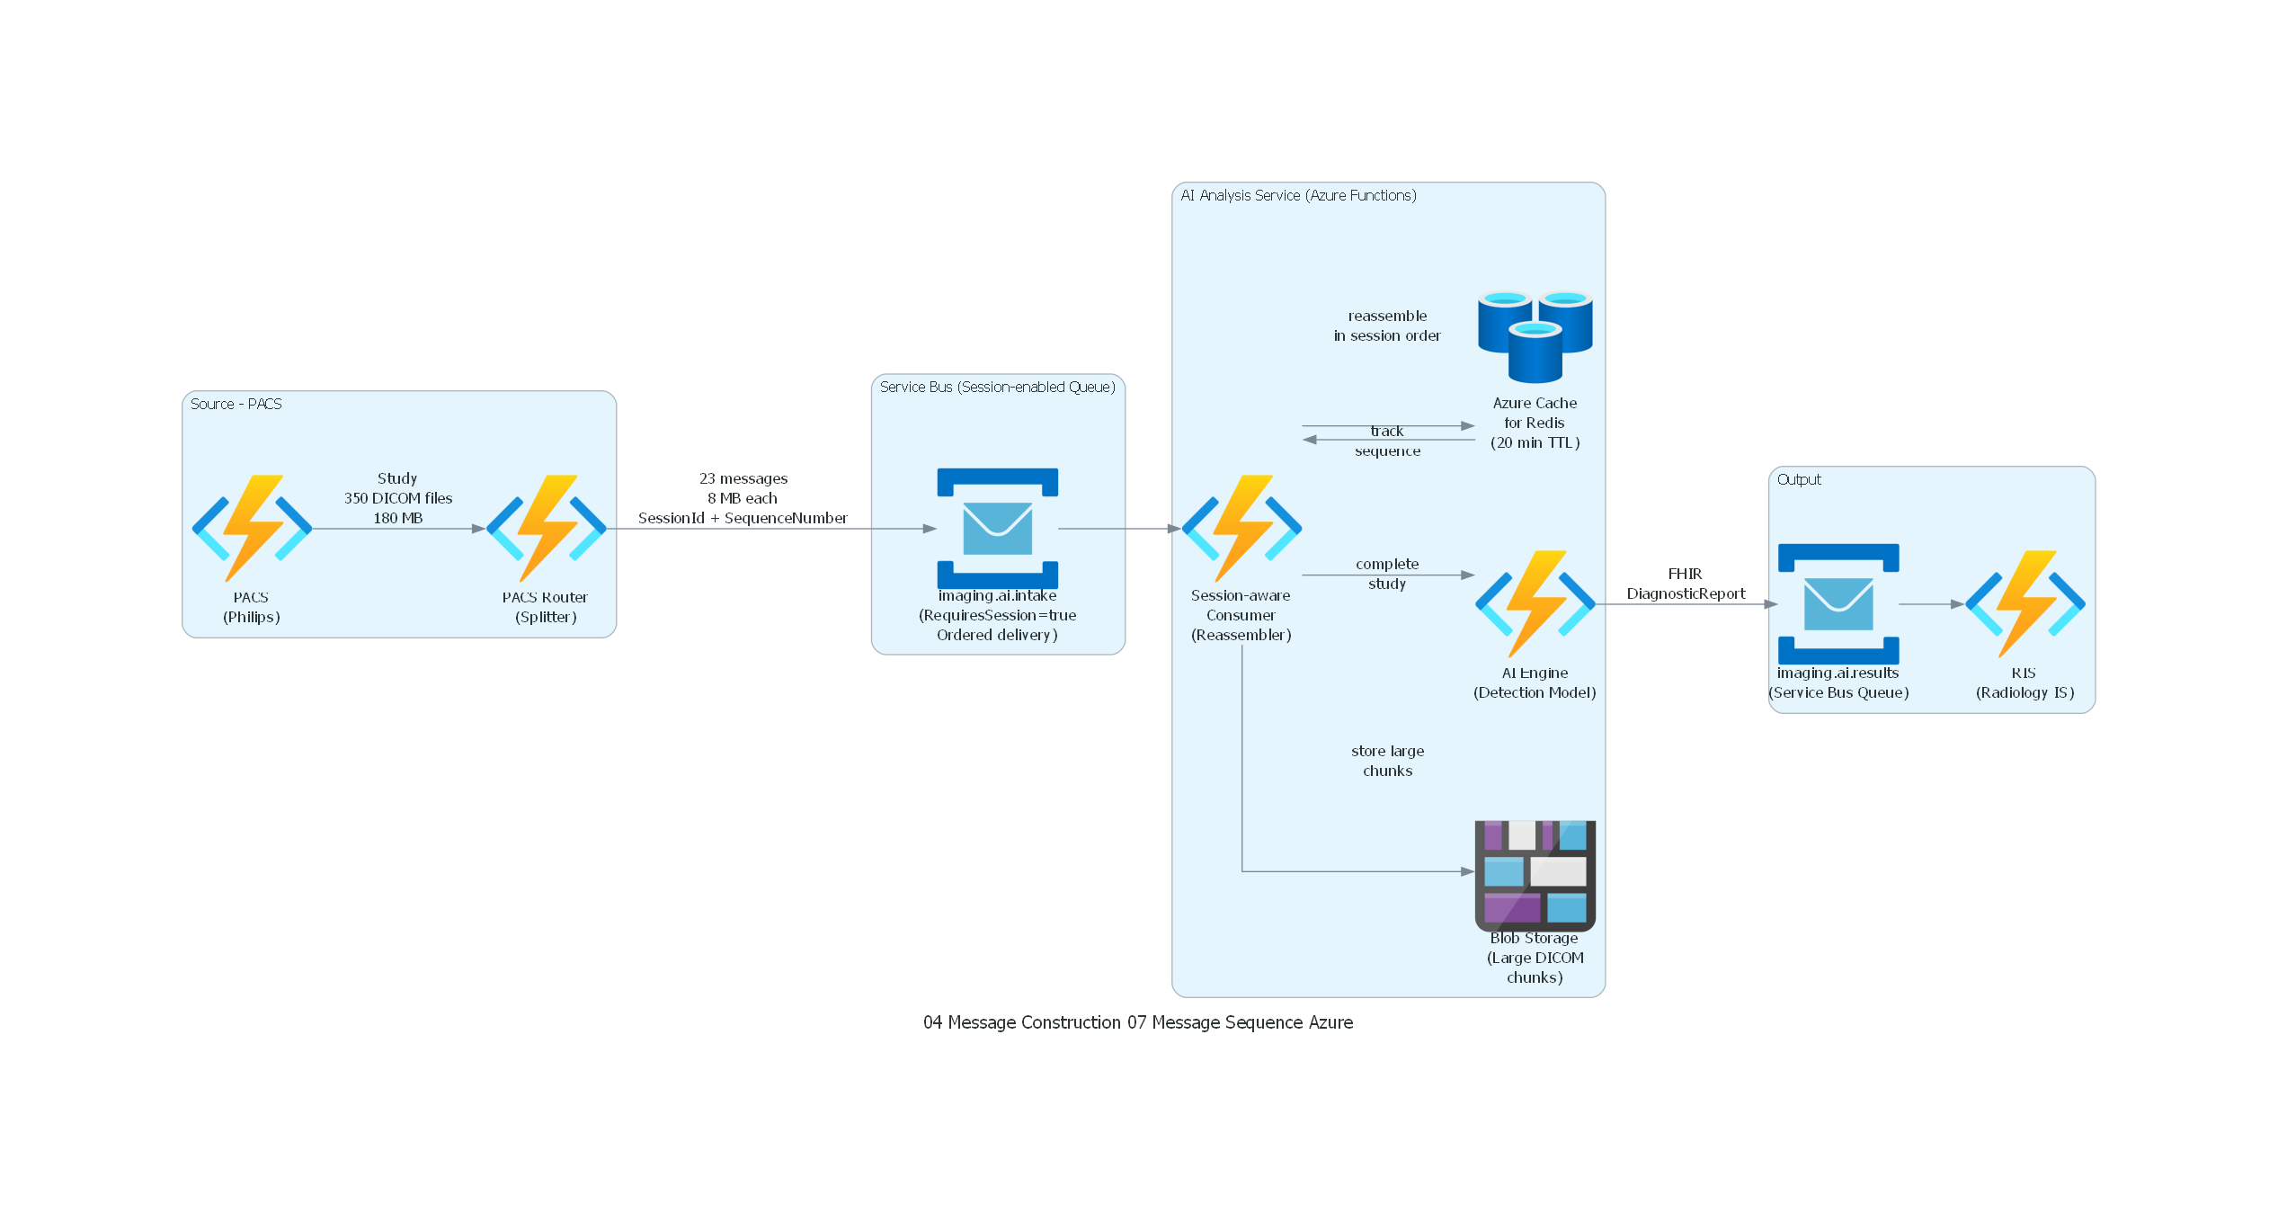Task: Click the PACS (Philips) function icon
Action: click(252, 528)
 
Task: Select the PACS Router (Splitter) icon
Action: click(546, 528)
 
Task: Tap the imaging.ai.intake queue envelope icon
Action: click(997, 528)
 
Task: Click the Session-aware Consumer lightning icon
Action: click(1241, 528)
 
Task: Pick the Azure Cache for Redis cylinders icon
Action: click(1535, 336)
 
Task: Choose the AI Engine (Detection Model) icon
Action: click(1535, 603)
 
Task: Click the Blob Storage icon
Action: click(1535, 875)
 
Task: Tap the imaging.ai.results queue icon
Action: click(1838, 603)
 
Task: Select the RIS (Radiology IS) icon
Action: click(2024, 603)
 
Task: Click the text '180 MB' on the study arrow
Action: click(397, 518)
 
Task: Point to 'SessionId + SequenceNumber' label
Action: click(742, 518)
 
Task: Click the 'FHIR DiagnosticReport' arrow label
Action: click(1685, 584)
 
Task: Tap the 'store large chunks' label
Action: click(1387, 761)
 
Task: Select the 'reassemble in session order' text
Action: click(1387, 326)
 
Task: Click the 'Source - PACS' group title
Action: click(236, 404)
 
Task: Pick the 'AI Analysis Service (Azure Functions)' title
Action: click(1298, 195)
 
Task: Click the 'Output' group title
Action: click(1798, 479)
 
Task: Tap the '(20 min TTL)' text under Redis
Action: click(1535, 442)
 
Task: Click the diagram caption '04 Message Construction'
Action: click(1021, 1022)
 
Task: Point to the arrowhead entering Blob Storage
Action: click(1467, 871)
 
